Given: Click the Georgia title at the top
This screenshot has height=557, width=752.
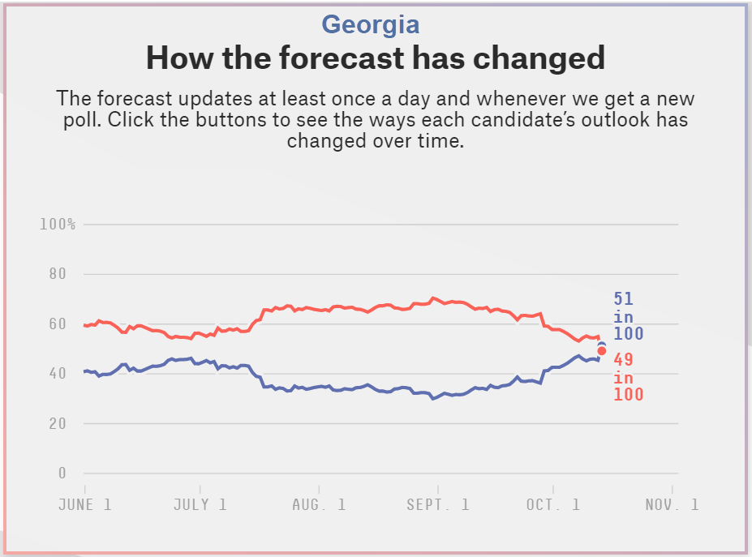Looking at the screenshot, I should (371, 24).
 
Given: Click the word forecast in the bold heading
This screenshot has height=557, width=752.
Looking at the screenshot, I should (326, 58).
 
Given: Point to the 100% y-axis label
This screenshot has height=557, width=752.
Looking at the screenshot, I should (58, 224).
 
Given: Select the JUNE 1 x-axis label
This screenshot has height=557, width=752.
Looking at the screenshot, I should (85, 504).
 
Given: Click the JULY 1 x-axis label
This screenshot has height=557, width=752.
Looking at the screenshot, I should (200, 504).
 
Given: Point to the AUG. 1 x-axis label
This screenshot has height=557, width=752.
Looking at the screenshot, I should (319, 504).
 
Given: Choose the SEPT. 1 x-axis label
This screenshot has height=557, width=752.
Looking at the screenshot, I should (438, 504).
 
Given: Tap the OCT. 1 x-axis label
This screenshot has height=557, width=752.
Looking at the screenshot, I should (553, 504).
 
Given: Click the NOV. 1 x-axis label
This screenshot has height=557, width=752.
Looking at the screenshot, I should (672, 504).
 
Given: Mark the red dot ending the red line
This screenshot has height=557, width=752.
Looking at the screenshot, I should (602, 351).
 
